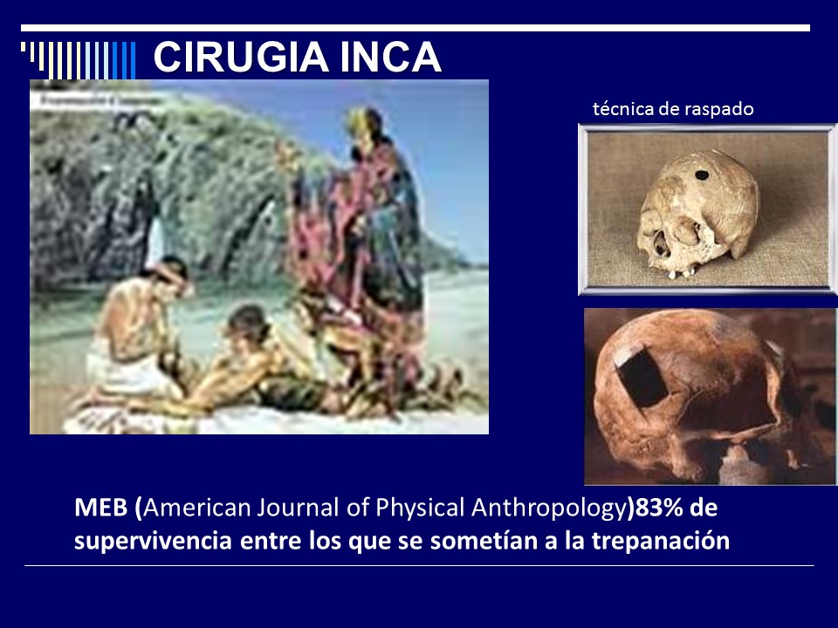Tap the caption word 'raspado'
coord(720,109)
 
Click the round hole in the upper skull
coord(700,175)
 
